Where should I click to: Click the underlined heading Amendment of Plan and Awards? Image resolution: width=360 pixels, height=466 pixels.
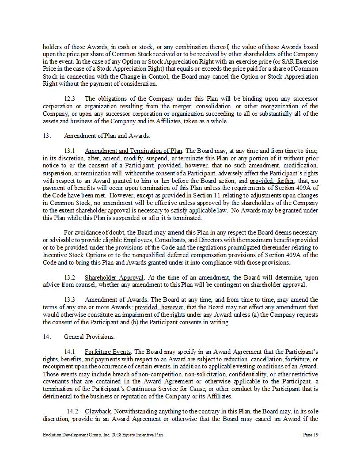[107, 136]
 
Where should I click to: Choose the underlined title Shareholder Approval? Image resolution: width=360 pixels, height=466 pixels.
[114, 277]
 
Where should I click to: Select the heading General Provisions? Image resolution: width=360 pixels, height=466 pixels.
[89, 337]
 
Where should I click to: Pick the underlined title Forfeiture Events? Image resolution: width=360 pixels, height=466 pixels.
[108, 352]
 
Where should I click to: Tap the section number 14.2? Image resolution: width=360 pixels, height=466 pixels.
[72, 411]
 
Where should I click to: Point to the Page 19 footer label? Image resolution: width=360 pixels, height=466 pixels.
[311, 435]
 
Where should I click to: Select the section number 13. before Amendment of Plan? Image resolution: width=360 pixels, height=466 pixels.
[47, 136]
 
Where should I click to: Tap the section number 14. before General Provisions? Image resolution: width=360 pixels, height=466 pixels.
[47, 337]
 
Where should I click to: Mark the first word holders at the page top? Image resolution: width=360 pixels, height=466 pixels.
[51, 46]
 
